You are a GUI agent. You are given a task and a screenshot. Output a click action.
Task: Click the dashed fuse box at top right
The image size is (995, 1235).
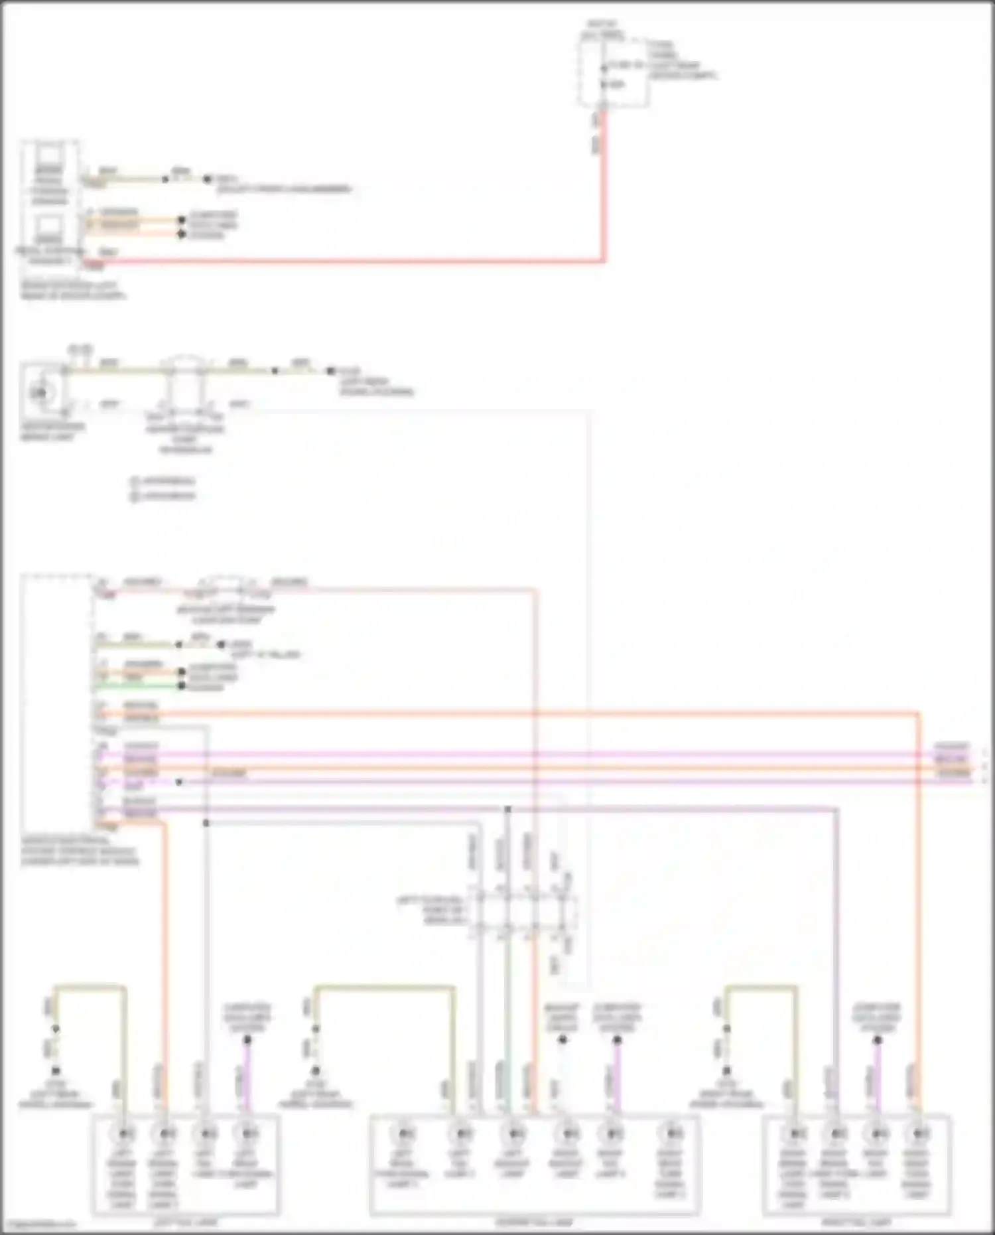click(612, 73)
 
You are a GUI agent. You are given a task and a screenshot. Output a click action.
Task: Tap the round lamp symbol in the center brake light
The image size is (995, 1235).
click(39, 392)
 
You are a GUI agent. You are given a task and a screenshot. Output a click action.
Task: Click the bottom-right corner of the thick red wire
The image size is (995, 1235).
click(603, 260)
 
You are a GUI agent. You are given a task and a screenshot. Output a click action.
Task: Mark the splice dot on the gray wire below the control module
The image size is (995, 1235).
click(206, 823)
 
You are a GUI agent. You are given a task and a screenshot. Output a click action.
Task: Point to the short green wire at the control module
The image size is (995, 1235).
click(139, 687)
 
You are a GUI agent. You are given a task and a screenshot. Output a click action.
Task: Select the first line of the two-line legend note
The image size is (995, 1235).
click(163, 480)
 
